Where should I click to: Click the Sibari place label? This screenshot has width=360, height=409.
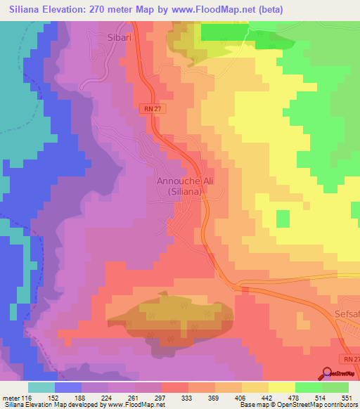(120, 36)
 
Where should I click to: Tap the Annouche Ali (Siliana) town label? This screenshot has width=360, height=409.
(180, 186)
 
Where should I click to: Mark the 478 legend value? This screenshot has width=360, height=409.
(295, 398)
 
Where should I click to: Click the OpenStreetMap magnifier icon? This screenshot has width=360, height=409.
(328, 373)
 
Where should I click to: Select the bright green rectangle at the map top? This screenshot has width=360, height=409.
(225, 32)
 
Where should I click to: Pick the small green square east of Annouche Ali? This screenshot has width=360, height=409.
(282, 219)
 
